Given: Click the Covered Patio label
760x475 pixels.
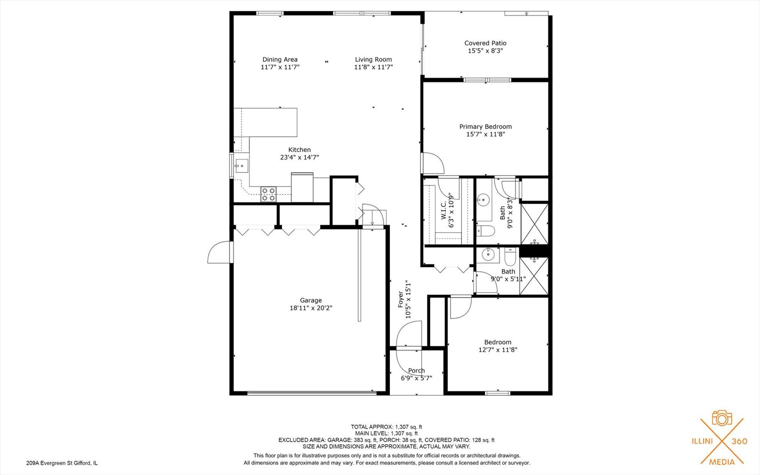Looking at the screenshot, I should (x=485, y=43).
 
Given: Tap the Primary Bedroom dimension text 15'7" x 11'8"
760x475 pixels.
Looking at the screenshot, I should (x=485, y=134).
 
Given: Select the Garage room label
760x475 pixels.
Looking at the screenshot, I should (x=311, y=300).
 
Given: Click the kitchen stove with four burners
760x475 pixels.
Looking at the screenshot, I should (x=268, y=194).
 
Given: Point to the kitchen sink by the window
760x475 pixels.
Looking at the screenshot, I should (x=241, y=166).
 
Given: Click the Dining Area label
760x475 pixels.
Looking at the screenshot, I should (x=280, y=59).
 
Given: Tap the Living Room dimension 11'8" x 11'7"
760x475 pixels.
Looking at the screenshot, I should (x=373, y=67).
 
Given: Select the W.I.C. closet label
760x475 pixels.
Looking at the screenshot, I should (x=444, y=210).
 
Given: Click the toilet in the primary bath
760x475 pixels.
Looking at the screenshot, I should (x=486, y=230).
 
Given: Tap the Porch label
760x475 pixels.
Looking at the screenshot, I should (x=416, y=370).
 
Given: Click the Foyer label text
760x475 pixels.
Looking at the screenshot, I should (x=401, y=299).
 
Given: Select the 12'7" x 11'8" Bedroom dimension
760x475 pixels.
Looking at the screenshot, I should (x=498, y=350).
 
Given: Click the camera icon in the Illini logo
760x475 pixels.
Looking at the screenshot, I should (x=722, y=418).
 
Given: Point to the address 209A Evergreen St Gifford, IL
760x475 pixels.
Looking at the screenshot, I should (x=62, y=463).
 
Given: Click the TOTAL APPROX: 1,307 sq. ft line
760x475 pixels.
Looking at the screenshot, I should (x=386, y=427).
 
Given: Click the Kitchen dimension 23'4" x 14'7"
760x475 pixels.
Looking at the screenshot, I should (x=299, y=157).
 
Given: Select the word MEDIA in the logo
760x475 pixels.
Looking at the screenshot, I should (x=722, y=462).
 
